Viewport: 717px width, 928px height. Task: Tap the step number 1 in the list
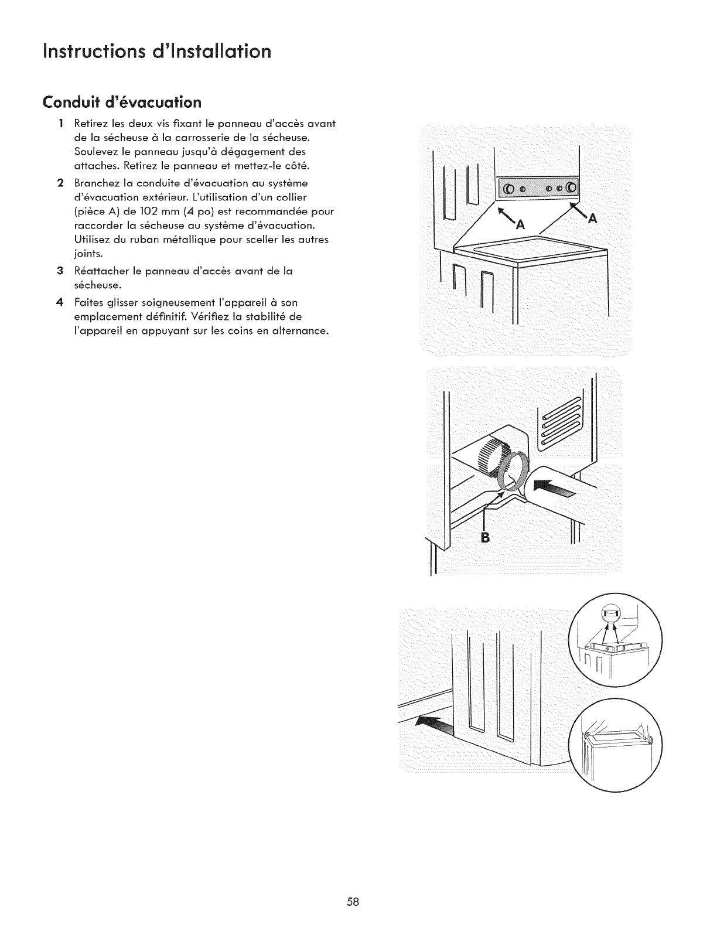[x=61, y=124]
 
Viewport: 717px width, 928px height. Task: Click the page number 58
[x=352, y=885]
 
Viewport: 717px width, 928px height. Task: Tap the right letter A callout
[x=593, y=219]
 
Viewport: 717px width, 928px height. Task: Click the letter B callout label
[x=484, y=537]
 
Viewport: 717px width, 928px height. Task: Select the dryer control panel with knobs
[x=537, y=189]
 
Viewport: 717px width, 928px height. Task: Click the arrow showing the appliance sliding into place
[x=434, y=727]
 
